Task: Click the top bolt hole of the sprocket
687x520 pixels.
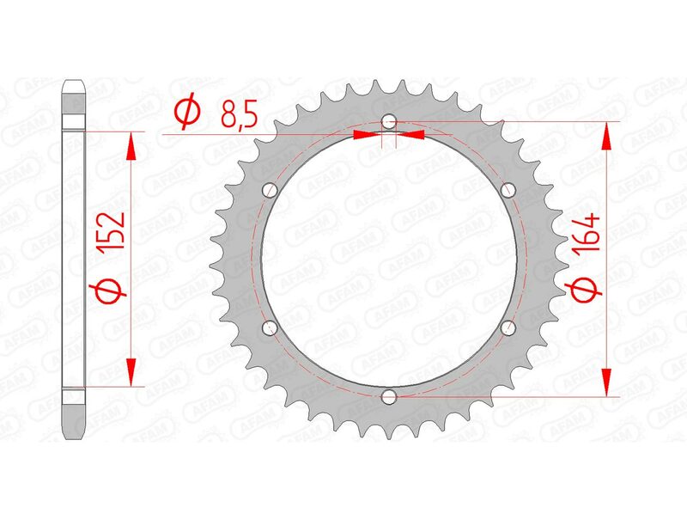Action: click(x=389, y=121)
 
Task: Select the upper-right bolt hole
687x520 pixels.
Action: click(x=508, y=190)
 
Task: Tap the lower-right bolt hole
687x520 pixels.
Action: click(x=508, y=327)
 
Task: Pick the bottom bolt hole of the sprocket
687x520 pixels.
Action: click(x=389, y=396)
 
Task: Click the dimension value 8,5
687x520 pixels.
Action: click(x=236, y=113)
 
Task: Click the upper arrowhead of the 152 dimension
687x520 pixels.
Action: click(x=131, y=146)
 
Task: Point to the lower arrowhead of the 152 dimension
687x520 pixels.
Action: click(x=131, y=372)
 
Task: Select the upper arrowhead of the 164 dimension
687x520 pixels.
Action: click(x=607, y=136)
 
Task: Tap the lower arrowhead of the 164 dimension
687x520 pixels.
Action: click(x=607, y=382)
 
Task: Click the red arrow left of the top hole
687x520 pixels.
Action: click(x=368, y=134)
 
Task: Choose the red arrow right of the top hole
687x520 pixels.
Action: click(x=411, y=134)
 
